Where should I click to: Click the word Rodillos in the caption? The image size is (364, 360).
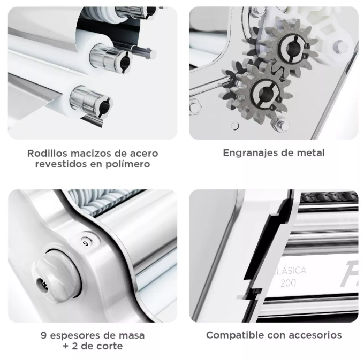(47, 154)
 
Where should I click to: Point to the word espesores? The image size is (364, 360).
(75, 335)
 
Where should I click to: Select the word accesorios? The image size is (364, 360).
(316, 335)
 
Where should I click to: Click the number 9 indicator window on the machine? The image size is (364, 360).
(86, 243)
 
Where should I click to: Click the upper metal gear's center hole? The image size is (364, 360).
(291, 48)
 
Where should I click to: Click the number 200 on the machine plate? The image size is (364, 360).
(289, 283)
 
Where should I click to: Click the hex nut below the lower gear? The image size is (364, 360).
(282, 125)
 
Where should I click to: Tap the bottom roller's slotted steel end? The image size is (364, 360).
(91, 102)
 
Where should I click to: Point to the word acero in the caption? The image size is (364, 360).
(144, 154)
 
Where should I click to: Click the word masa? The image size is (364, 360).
(132, 335)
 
